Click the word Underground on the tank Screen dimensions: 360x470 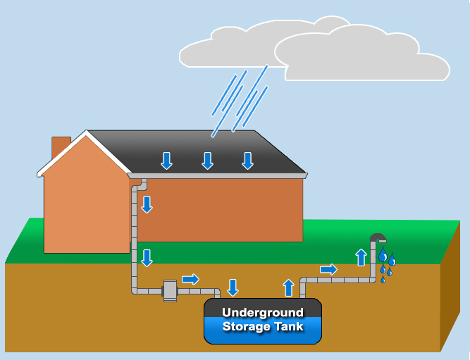pos(263,313)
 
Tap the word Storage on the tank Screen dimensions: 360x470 pos(246,326)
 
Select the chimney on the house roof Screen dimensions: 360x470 pos(61,147)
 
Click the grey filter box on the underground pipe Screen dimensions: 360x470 pos(170,290)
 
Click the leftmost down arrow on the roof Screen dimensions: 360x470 pos(166,161)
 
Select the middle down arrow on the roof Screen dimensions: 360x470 pos(207,161)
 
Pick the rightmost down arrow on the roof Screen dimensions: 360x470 pos(247,161)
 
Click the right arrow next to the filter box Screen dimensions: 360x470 pos(190,279)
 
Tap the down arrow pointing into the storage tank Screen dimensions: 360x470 pos(233,287)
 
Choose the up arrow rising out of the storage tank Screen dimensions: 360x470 pos(288,287)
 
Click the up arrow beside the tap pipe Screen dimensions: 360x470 pos(361,256)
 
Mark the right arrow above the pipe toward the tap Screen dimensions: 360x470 pos(328,269)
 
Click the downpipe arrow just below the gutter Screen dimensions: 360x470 pos(147,204)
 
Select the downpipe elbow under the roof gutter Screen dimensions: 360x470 pos(140,186)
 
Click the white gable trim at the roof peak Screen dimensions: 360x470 pos(86,135)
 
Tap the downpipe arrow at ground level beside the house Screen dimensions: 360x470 pos(147,257)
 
